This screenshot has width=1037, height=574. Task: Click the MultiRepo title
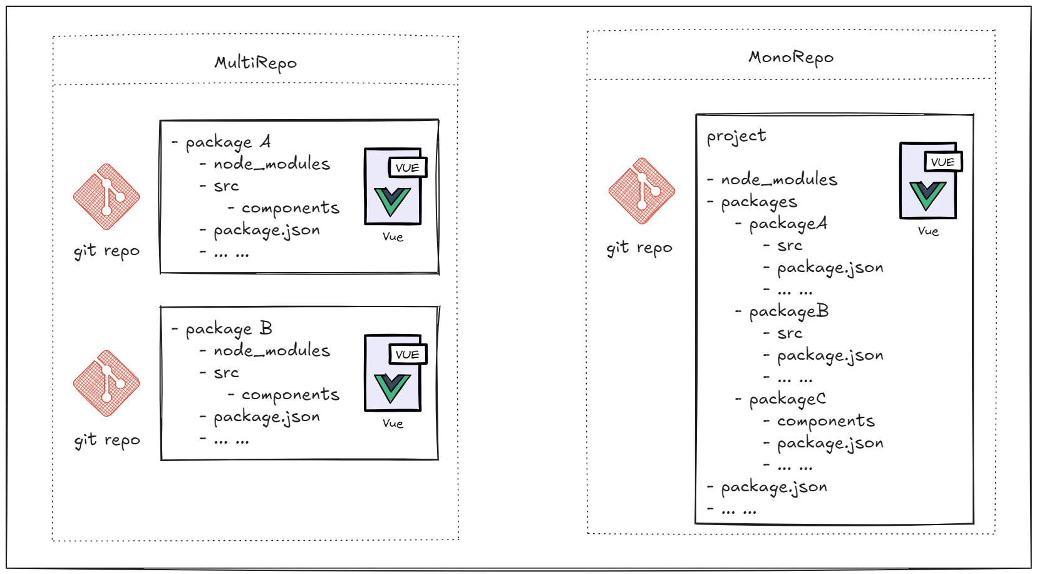255,63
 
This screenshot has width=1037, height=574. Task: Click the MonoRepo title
791,58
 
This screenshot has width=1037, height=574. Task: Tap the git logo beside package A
106,197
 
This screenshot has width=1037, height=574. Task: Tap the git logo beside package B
106,383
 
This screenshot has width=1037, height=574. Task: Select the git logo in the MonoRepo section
641,190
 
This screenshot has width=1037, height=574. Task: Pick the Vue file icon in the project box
929,180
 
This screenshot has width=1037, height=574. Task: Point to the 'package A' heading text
228,143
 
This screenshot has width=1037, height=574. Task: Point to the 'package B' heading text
229,329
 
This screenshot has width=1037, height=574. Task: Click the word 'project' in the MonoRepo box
736,136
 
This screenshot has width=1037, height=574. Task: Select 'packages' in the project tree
759,202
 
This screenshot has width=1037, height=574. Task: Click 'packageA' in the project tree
788,224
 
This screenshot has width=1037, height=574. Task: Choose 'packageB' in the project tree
788,311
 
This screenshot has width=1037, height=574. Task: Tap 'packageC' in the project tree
787,399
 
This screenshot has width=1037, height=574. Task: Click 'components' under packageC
826,421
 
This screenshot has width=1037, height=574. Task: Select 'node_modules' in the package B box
272,351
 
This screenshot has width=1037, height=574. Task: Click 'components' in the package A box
291,208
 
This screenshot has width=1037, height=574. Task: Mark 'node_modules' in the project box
779,180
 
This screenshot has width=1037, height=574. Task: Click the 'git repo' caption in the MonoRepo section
639,249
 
